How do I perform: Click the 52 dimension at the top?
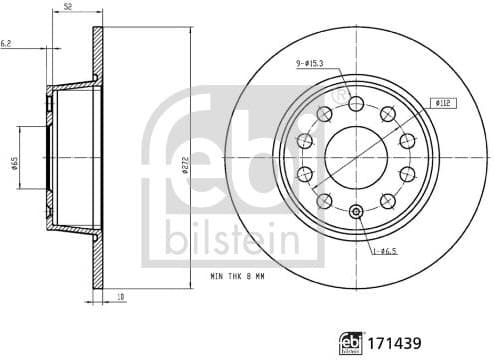tap(68, 7)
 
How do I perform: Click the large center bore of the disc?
tap(357, 155)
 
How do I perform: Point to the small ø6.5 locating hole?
tap(357, 210)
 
